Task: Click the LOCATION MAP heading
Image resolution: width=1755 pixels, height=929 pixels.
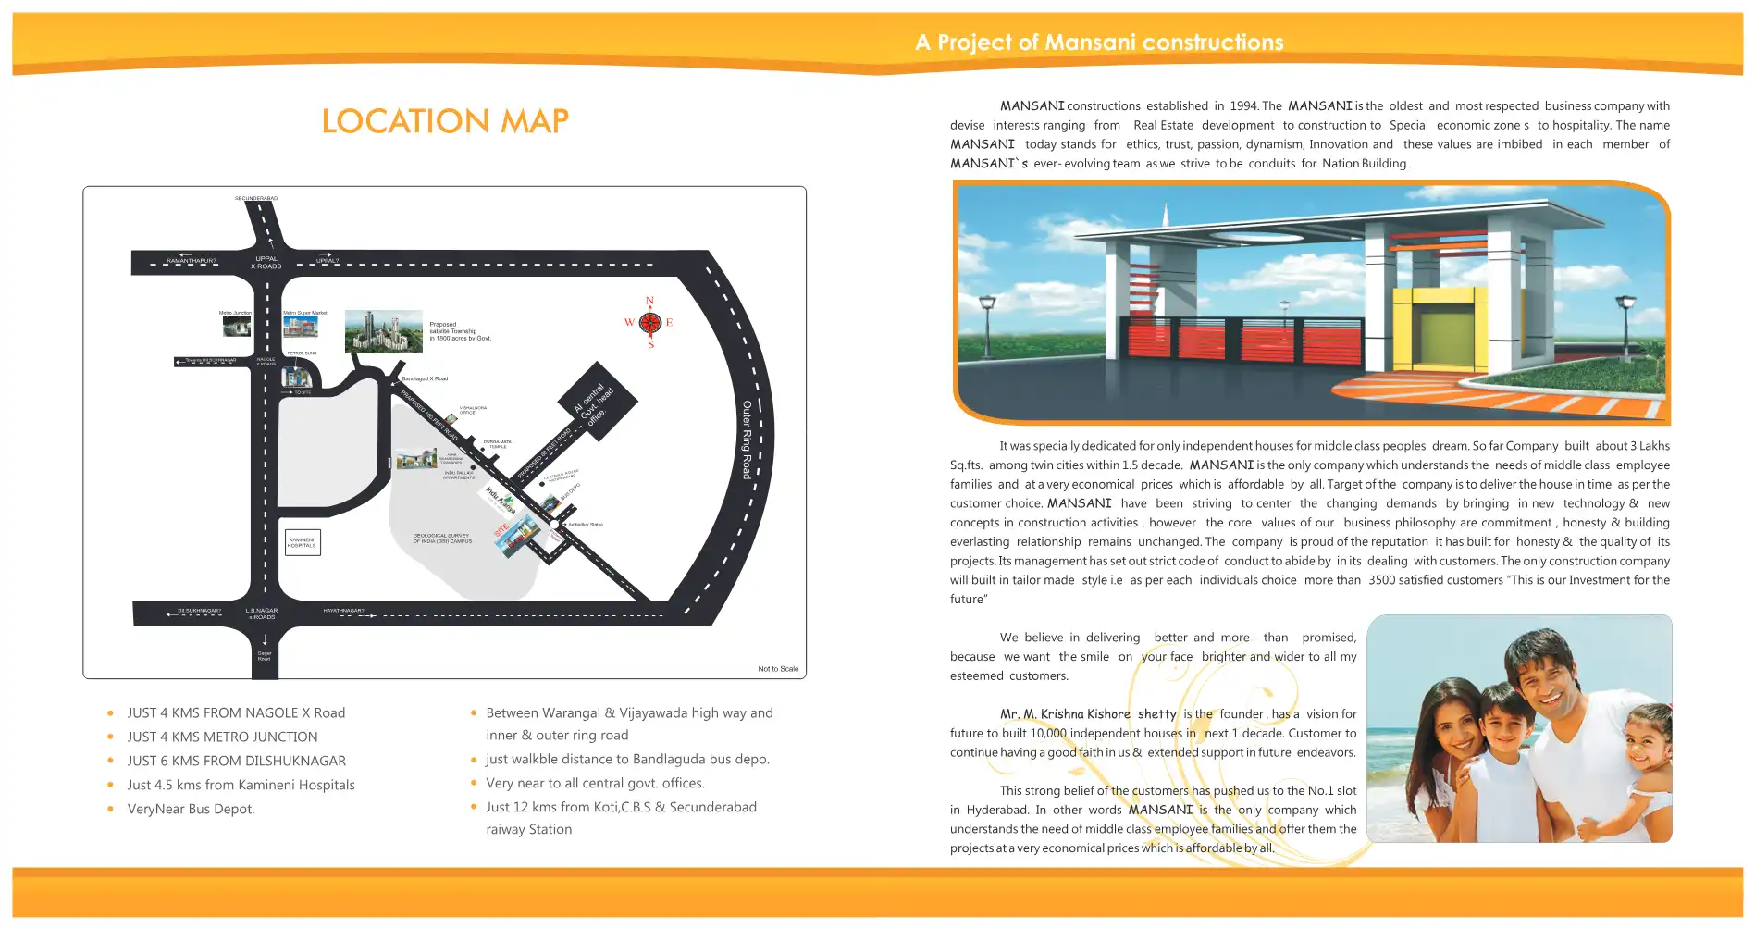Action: click(445, 121)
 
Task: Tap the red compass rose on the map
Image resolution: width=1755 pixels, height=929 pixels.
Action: click(650, 323)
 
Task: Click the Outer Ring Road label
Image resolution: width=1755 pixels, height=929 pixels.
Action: click(747, 440)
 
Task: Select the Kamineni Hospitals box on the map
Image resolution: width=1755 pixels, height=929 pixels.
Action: click(303, 542)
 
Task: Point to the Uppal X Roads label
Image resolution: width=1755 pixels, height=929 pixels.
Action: click(267, 263)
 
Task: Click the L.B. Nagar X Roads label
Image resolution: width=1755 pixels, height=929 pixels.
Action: click(262, 613)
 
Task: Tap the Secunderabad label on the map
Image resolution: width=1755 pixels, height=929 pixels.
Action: click(256, 198)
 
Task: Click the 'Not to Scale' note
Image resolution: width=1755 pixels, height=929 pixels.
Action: click(778, 669)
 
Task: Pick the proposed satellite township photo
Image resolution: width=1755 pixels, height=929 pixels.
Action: click(383, 331)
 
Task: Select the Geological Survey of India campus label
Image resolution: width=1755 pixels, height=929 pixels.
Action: click(442, 539)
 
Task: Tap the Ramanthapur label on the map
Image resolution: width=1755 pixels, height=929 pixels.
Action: click(192, 261)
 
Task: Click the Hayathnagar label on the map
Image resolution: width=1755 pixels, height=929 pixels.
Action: click(344, 611)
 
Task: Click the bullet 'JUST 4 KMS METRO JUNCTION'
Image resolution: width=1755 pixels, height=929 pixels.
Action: click(222, 737)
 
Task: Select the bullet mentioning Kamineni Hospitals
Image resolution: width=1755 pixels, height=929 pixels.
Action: click(241, 786)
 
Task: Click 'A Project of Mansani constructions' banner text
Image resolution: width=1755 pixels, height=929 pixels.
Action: click(1099, 43)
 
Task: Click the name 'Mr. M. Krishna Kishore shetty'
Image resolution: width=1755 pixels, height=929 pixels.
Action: click(1088, 714)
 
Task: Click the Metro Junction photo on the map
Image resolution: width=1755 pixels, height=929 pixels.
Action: click(237, 326)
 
